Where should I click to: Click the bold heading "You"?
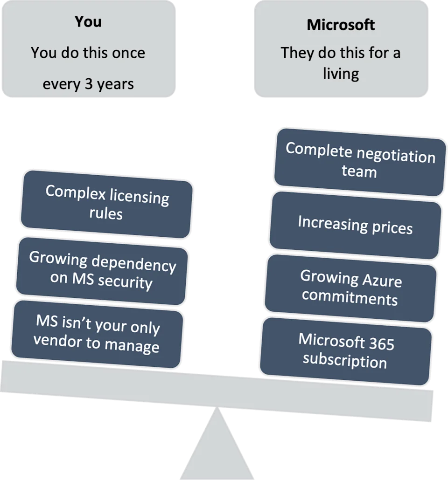pyautogui.click(x=88, y=22)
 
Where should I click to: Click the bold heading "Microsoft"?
pyautogui.click(x=341, y=25)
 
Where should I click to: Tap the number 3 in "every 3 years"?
pyautogui.click(x=89, y=84)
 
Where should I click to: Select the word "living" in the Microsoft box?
pyautogui.click(x=341, y=74)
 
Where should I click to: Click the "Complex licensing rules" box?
pyautogui.click(x=106, y=204)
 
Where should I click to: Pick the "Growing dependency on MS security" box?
pyautogui.click(x=102, y=271)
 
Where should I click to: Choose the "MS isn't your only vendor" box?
pyautogui.click(x=97, y=334)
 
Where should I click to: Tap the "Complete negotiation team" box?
pyautogui.click(x=360, y=162)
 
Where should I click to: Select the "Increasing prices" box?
pyautogui.click(x=355, y=225)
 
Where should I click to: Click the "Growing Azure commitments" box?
pyautogui.click(x=350, y=288)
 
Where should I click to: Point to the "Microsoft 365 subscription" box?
pyautogui.click(x=346, y=351)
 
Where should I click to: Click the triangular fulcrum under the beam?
pyautogui.click(x=217, y=447)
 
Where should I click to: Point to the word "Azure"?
pyautogui.click(x=382, y=281)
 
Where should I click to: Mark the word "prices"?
pyautogui.click(x=392, y=228)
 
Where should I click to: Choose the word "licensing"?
pyautogui.click(x=139, y=197)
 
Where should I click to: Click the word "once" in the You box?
pyautogui.click(x=128, y=53)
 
